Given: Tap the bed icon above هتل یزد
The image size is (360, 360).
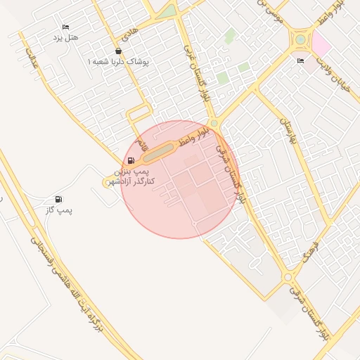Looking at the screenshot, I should pos(66,26).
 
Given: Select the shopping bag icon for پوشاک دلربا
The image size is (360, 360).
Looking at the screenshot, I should pos(117,51).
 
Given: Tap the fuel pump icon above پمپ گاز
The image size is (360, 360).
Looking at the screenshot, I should pos(58,199).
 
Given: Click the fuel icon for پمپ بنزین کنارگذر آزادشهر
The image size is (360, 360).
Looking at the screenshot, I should pos(131,161).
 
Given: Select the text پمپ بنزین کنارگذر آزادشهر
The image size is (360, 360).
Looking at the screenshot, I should pos(134,176).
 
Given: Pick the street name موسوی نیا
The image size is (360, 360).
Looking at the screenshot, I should pos(270,11).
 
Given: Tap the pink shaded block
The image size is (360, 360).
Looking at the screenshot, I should pos(321,45).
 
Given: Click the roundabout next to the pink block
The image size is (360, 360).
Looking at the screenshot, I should pos(302,40).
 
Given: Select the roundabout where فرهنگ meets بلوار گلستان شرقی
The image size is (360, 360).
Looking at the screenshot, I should pos(288,278).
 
